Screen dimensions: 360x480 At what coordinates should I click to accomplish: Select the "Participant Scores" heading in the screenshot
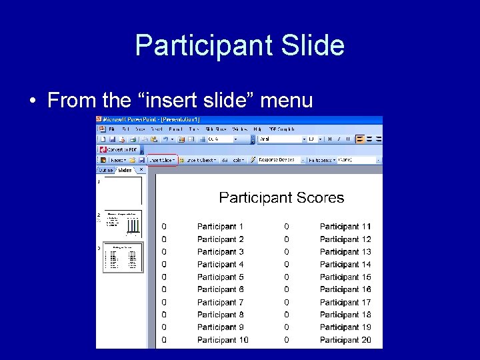[x=281, y=197]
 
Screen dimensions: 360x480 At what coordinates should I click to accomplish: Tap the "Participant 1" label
[x=220, y=227]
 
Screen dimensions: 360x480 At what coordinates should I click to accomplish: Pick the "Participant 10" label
[x=223, y=340]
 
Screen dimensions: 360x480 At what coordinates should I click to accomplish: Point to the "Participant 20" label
[x=345, y=340]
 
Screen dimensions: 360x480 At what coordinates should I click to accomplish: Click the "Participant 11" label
[x=345, y=227]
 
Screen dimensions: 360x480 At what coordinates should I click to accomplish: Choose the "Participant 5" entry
[x=220, y=277]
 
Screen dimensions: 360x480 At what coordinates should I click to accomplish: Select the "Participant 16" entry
[x=345, y=289]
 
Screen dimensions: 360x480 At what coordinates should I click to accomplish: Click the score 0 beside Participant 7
[x=164, y=302]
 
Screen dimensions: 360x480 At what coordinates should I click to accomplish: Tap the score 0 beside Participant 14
[x=287, y=265]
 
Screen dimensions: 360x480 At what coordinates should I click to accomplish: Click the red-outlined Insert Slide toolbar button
[x=162, y=160]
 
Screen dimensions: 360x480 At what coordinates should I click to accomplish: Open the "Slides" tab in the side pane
[x=125, y=170]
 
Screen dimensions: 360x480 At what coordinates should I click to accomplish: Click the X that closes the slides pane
[x=141, y=169]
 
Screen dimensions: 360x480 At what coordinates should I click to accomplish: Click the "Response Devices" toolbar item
[x=277, y=160]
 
